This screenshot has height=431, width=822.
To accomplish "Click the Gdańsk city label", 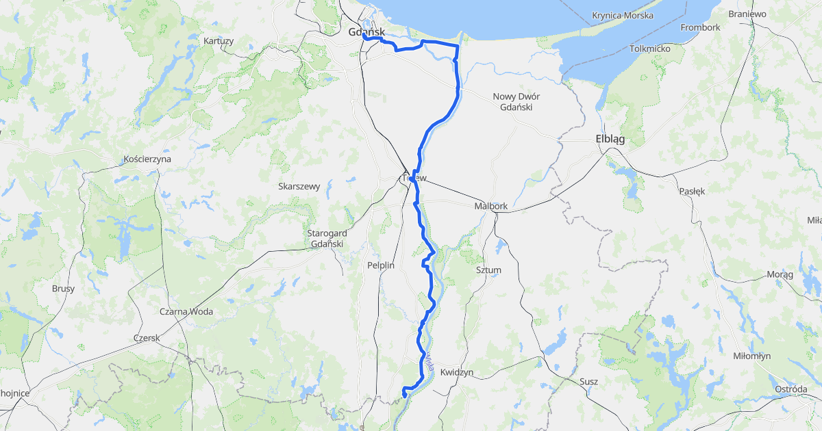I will (x=366, y=32).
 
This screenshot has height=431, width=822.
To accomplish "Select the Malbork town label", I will (x=490, y=206).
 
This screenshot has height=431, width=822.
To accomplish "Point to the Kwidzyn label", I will (x=457, y=372).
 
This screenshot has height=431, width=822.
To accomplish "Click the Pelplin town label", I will (x=380, y=265).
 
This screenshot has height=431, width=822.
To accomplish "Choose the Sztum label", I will (x=488, y=270).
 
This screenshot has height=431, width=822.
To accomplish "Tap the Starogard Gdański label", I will (x=327, y=238).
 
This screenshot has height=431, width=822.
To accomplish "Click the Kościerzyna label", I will (x=147, y=159).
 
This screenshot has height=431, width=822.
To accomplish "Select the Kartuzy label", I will (x=219, y=41).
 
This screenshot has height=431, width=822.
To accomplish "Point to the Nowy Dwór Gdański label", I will (x=516, y=101).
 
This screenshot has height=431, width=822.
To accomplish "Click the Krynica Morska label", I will (x=623, y=15).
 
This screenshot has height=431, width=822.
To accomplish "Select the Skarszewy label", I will (x=299, y=186).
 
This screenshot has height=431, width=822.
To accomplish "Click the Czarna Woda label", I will (x=186, y=311).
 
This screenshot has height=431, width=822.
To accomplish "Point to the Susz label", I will (x=588, y=381).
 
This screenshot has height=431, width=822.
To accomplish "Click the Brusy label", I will (x=63, y=289).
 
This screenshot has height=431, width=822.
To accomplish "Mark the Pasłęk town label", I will (x=692, y=192).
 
